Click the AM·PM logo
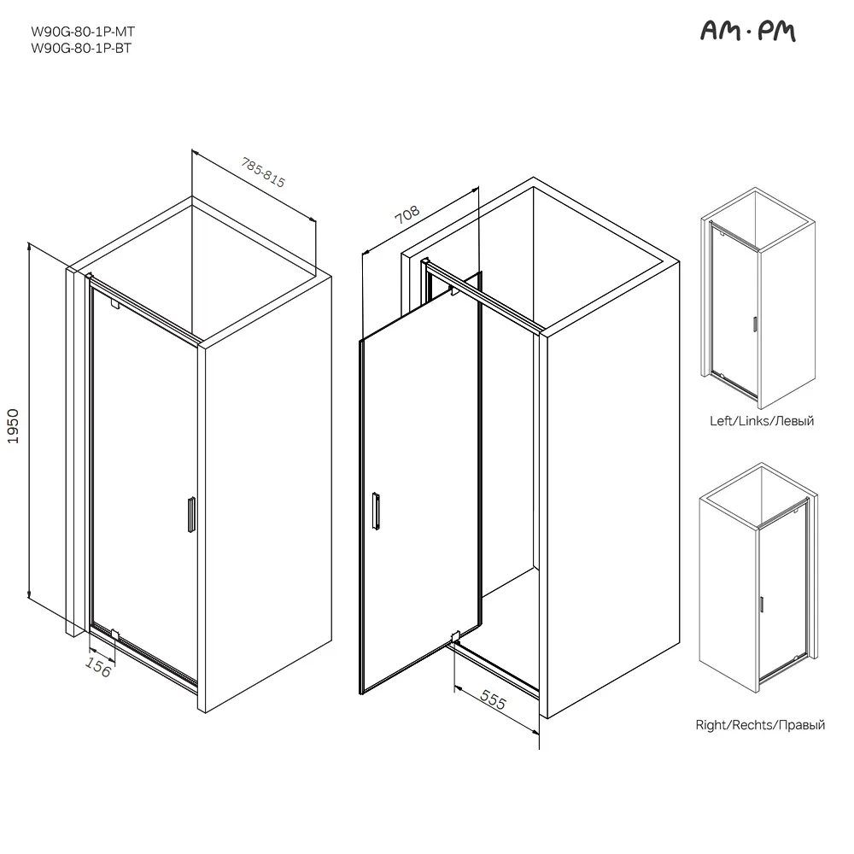(x=748, y=31)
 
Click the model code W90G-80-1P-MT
(x=83, y=32)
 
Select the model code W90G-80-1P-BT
(x=81, y=48)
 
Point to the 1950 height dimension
(x=13, y=426)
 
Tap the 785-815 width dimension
(x=264, y=173)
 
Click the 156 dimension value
(x=98, y=667)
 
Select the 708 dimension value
(x=407, y=214)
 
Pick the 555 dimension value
(x=494, y=699)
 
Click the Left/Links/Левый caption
(x=762, y=420)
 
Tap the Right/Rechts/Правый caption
(x=760, y=725)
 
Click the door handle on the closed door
(x=191, y=514)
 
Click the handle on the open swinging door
(x=376, y=511)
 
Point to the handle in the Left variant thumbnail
(x=755, y=324)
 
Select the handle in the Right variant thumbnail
(x=761, y=605)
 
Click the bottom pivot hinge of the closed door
(x=114, y=634)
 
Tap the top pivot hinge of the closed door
(x=114, y=303)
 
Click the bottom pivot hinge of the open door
(x=455, y=636)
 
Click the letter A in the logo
(x=710, y=32)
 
